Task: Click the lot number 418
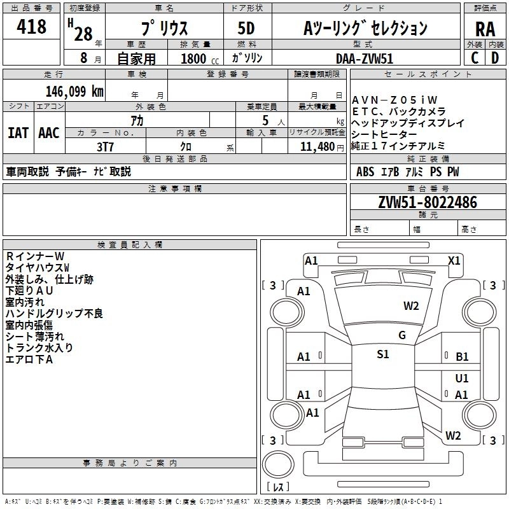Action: click(x=32, y=27)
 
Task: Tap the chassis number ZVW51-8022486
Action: click(x=427, y=202)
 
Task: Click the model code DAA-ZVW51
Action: click(x=365, y=59)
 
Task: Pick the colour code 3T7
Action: click(x=105, y=146)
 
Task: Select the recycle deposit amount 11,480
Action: click(x=314, y=146)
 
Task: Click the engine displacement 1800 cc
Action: click(x=194, y=59)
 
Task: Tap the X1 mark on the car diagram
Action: click(x=454, y=260)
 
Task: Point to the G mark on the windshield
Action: click(x=401, y=335)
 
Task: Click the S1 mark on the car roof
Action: click(x=382, y=354)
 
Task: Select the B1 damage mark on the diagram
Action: click(x=462, y=357)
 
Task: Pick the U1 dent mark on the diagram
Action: click(x=462, y=379)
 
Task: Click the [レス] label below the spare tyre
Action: click(x=277, y=487)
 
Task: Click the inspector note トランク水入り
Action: click(x=39, y=347)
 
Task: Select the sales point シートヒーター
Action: click(x=384, y=134)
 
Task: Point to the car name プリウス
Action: click(x=164, y=29)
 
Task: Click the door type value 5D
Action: click(x=246, y=29)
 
